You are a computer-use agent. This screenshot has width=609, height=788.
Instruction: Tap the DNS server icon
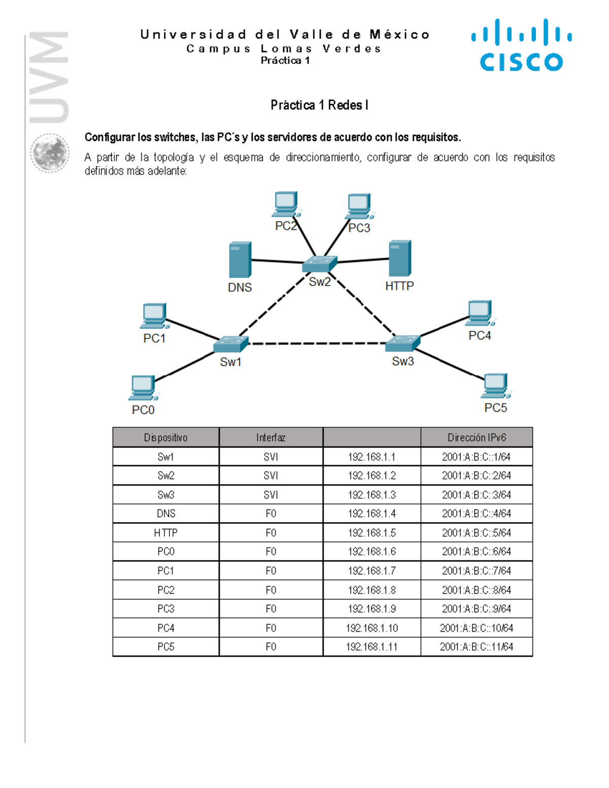240,259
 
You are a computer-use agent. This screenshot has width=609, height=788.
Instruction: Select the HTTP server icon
400,258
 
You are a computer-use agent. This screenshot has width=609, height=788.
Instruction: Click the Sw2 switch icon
319,264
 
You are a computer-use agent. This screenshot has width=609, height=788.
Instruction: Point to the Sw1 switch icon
230,344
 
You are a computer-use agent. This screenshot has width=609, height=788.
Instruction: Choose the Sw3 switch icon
402,344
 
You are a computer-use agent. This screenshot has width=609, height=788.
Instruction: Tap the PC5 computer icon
495,386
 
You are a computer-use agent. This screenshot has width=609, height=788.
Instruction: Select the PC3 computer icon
360,206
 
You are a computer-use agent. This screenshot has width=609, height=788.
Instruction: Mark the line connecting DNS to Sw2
277,261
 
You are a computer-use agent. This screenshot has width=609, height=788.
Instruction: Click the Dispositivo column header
165,437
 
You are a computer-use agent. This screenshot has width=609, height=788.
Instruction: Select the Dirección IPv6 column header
476,437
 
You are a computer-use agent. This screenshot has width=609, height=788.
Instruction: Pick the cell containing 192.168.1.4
371,513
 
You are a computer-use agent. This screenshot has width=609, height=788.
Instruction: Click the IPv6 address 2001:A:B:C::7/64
476,571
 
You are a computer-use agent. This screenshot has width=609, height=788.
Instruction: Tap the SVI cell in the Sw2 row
270,475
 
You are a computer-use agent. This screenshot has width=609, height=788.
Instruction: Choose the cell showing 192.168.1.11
371,647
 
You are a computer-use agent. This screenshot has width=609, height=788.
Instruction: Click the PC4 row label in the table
165,628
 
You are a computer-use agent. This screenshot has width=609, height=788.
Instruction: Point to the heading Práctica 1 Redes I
319,105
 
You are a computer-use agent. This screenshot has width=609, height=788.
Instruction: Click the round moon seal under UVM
50,153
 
